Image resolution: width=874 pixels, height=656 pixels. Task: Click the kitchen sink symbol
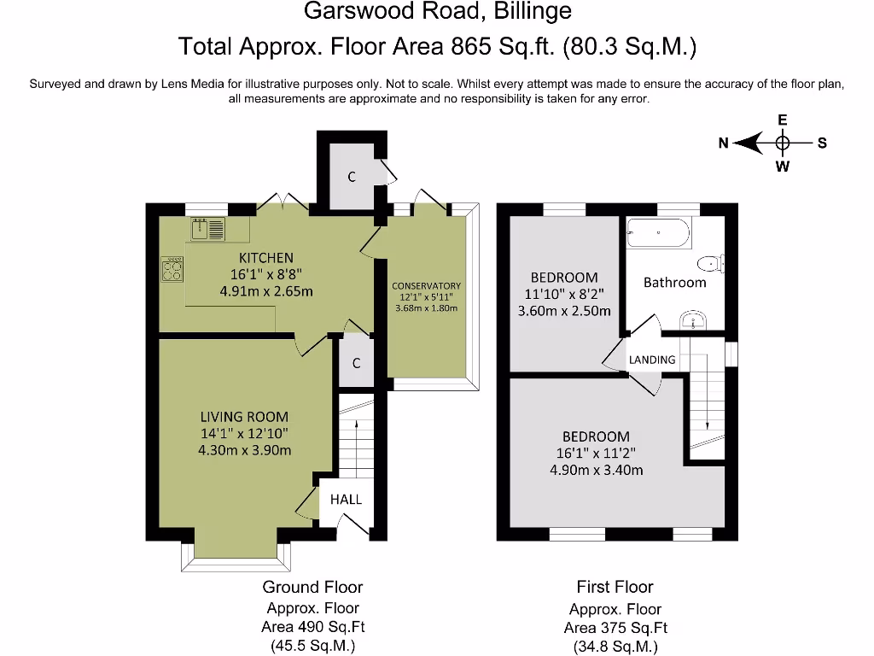click(x=208, y=229)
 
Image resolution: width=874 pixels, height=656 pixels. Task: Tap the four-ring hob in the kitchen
click(x=172, y=269)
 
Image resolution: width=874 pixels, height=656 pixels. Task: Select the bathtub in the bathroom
click(x=659, y=232)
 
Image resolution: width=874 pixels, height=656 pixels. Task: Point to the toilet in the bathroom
click(x=711, y=263)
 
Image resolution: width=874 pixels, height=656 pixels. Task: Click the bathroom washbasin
click(x=693, y=320)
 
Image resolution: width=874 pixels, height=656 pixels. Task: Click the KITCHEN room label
click(x=266, y=258)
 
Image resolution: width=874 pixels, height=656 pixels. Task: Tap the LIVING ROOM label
click(x=244, y=417)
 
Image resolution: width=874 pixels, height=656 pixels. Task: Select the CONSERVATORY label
click(x=427, y=285)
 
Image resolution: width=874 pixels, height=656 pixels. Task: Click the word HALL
click(x=347, y=499)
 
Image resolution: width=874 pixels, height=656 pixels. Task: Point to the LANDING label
click(x=652, y=360)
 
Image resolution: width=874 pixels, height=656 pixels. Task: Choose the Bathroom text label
click(x=675, y=282)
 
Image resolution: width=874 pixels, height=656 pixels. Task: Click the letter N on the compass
click(x=724, y=143)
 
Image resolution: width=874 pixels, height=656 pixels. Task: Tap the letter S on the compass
click(x=822, y=143)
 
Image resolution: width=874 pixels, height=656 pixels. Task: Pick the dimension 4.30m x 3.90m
click(x=245, y=450)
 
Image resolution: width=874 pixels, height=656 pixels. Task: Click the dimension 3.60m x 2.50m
click(x=564, y=311)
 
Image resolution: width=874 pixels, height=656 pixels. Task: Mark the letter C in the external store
click(x=352, y=177)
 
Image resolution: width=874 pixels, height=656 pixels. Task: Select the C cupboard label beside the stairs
click(x=357, y=363)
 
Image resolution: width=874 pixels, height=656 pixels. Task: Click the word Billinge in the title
click(x=533, y=11)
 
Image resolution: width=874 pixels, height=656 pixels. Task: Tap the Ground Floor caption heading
click(x=312, y=587)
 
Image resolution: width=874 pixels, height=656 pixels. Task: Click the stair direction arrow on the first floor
click(x=708, y=391)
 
